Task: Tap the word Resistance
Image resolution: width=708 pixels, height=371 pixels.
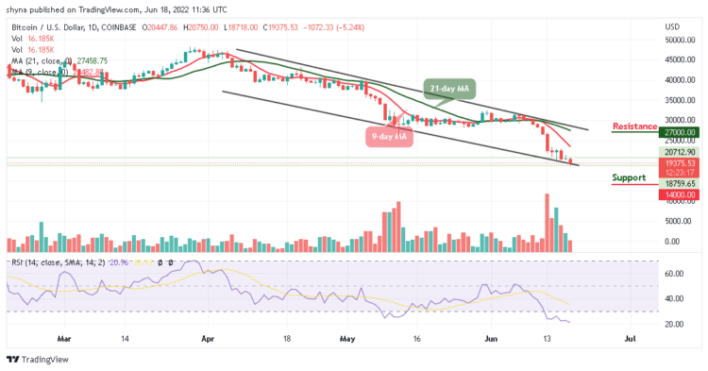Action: point(635,126)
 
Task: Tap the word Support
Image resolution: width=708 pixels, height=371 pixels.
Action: point(630,177)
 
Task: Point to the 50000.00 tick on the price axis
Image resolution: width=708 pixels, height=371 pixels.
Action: point(679,41)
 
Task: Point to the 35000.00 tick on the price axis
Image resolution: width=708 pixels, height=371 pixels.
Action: point(679,100)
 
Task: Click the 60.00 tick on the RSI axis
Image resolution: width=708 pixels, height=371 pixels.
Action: point(674,274)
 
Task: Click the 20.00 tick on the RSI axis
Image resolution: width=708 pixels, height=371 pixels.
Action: point(674,324)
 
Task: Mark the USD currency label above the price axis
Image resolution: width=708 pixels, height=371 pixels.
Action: point(673,26)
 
